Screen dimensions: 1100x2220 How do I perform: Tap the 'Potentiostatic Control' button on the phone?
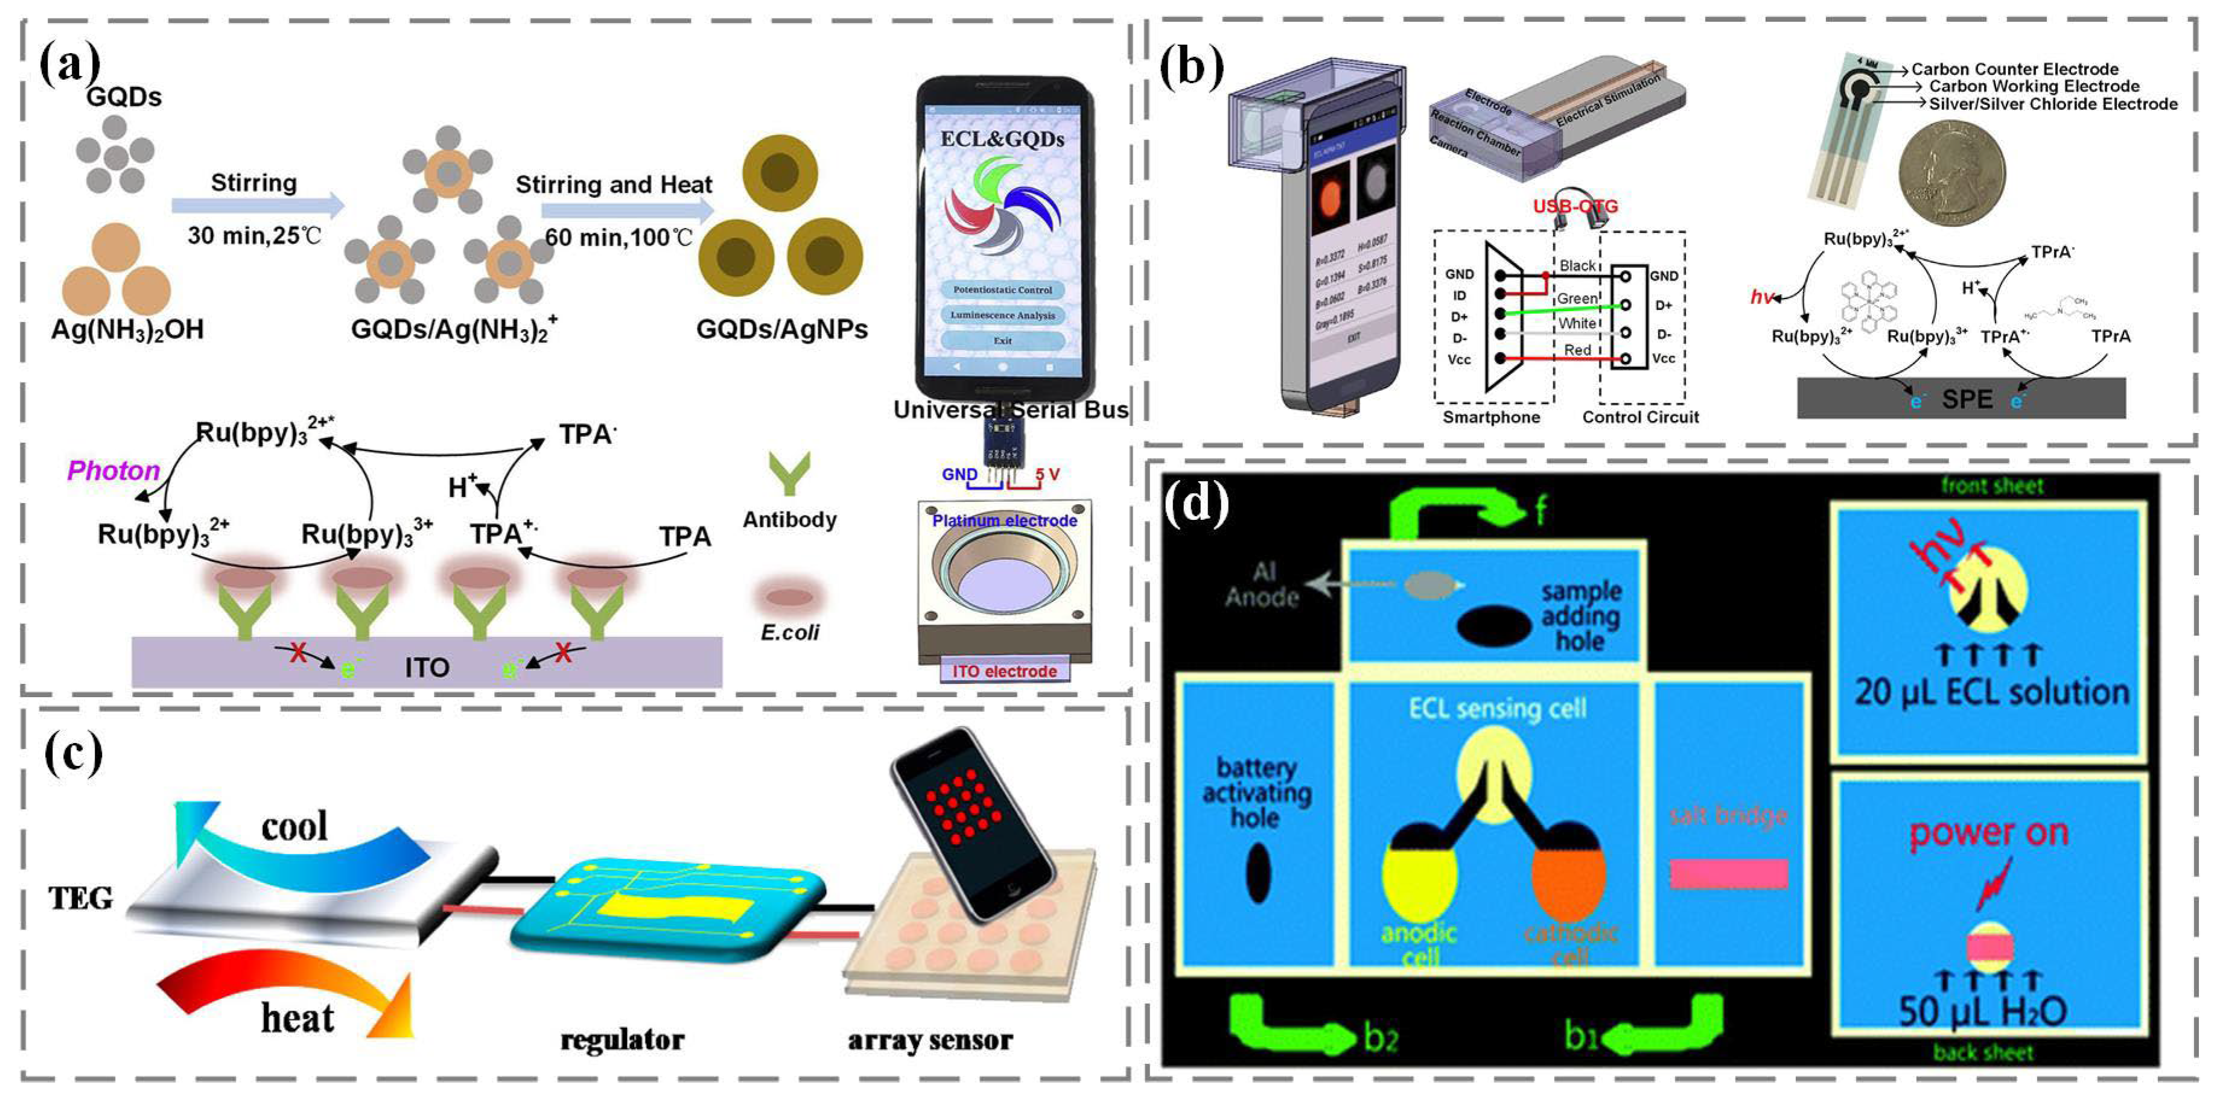tap(1002, 290)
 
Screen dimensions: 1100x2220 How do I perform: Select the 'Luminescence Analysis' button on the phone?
tap(1002, 315)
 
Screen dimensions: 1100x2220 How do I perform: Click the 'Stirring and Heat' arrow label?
tap(614, 185)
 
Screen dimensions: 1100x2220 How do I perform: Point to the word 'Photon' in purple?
tap(114, 470)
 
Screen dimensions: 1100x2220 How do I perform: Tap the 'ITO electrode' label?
tap(1004, 671)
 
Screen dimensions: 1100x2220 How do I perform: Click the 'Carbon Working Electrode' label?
tap(2034, 86)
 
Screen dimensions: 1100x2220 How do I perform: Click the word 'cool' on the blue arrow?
tap(294, 827)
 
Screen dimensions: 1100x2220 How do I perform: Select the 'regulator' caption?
tap(622, 1040)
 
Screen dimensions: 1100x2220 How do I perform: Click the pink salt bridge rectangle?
tap(1728, 873)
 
